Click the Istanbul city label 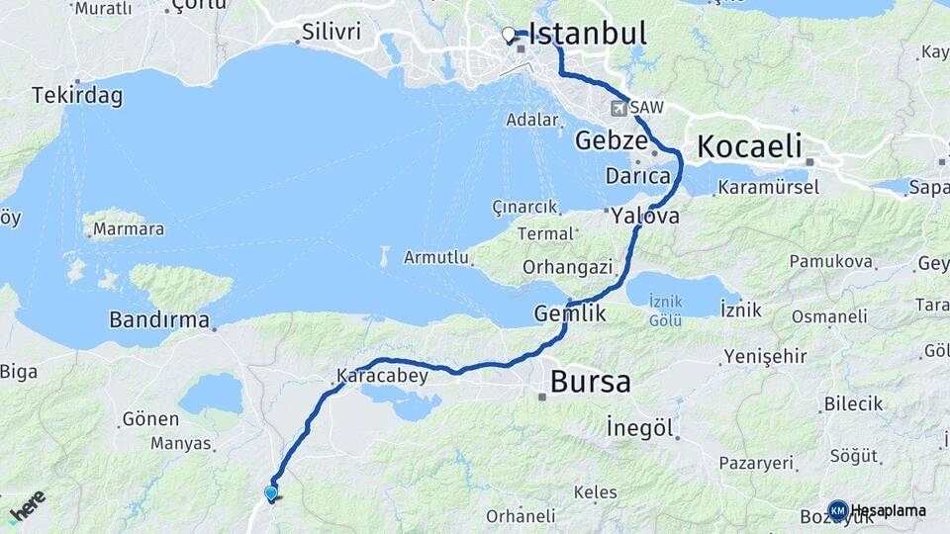click(588, 34)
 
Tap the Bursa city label click(590, 382)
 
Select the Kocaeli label click(749, 146)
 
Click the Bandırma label click(159, 320)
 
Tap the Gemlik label click(569, 312)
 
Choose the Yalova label click(645, 215)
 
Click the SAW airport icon click(620, 107)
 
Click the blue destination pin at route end click(270, 492)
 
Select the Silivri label click(332, 32)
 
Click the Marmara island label click(128, 229)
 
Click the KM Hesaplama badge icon click(837, 510)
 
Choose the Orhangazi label click(568, 267)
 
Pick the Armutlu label click(435, 257)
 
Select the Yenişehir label click(760, 356)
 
